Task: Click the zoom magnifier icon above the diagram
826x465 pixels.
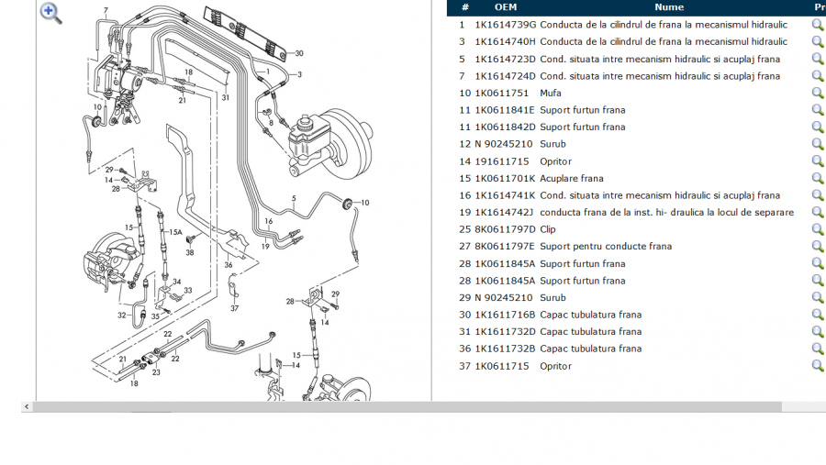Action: [50, 13]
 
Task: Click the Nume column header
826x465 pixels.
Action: [669, 7]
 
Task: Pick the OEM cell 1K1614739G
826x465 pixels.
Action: [505, 25]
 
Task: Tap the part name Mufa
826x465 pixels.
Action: [551, 93]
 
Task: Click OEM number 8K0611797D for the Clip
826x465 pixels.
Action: [505, 229]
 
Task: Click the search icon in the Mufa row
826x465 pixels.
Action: [817, 93]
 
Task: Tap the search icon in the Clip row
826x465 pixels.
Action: [817, 229]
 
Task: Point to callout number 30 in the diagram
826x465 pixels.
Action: [298, 53]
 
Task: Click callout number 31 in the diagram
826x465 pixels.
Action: [225, 97]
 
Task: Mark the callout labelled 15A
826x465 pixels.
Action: [174, 233]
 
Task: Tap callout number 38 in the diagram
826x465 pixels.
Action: [190, 252]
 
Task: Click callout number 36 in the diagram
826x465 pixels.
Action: [229, 266]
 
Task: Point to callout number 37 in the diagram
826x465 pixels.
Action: [234, 308]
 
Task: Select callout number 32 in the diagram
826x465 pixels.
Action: [121, 316]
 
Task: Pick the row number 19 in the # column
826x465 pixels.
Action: [464, 212]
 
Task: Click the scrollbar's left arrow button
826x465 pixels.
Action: [27, 406]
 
